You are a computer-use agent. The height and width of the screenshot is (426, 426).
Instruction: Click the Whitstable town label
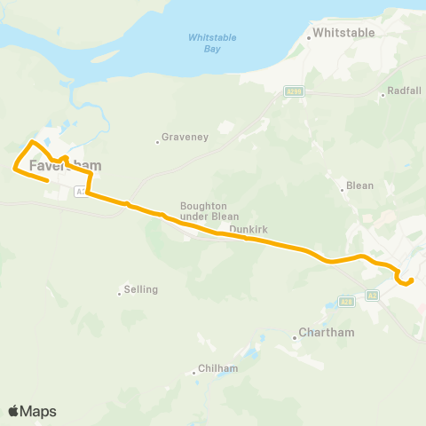point(344,33)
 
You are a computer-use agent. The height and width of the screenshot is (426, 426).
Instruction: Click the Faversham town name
point(66,165)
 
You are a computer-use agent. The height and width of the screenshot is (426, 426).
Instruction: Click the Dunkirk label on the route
point(248,229)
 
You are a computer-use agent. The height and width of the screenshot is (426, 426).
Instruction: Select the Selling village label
point(141,289)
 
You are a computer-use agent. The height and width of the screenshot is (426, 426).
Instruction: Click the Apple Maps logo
point(32,411)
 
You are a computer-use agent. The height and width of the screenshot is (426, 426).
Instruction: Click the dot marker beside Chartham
point(296,336)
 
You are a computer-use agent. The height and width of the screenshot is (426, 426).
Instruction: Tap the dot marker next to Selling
point(119,292)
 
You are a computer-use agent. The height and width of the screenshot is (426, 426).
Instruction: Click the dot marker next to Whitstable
point(309,37)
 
